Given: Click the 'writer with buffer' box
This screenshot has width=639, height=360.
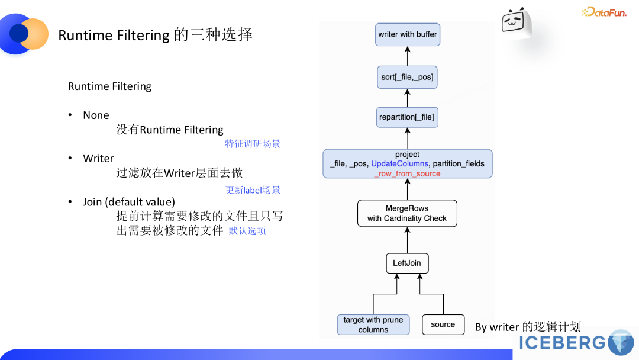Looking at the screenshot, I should (x=408, y=34).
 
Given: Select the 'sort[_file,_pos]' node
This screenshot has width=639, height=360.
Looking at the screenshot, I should (x=407, y=77).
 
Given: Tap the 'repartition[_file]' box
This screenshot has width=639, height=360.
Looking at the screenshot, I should (x=407, y=117).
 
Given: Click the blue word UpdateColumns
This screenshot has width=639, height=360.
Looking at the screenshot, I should (x=400, y=163).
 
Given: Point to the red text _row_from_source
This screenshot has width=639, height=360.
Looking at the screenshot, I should (x=407, y=173).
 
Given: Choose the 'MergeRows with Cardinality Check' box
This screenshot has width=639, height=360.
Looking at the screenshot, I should (x=407, y=213).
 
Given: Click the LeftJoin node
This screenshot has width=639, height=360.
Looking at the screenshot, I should (x=407, y=263).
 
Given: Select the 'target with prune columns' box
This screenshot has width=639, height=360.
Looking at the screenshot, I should (x=373, y=324).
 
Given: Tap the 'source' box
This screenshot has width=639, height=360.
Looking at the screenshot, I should (x=443, y=324).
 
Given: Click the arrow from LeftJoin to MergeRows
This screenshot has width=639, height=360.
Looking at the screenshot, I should (x=407, y=240).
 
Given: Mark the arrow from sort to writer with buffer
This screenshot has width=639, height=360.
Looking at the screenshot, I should (x=407, y=56).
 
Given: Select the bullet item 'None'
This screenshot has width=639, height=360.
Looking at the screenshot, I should (x=96, y=115).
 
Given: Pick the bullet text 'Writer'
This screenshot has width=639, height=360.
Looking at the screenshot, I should (x=98, y=159).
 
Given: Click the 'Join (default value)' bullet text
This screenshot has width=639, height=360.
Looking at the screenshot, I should (x=129, y=202).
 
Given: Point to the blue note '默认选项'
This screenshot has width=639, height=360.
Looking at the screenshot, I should (x=247, y=231).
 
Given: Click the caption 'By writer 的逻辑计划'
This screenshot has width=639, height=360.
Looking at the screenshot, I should (x=528, y=326).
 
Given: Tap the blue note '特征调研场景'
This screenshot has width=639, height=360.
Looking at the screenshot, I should (x=253, y=144).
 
